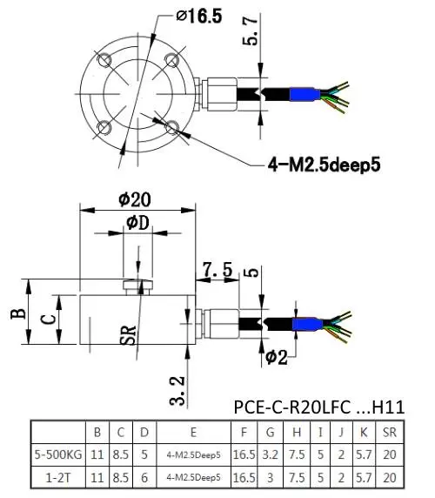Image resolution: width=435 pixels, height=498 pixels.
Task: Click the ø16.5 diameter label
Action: [199, 17]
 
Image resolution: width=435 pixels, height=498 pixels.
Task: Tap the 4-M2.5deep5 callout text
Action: [324, 165]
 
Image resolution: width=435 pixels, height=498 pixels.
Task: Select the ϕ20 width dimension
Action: [135, 199]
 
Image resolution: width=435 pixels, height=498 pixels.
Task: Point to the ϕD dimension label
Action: [137, 223]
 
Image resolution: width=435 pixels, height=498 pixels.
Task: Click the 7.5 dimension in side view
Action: [218, 270]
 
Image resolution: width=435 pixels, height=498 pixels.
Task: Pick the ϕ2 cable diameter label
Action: [277, 357]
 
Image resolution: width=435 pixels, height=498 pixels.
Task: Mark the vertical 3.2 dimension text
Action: [177, 391]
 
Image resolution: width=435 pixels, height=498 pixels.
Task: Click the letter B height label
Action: [18, 313]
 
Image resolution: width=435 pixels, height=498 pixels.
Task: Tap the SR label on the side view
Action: [128, 335]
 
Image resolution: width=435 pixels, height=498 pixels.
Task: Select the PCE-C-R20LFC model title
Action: [292, 407]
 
